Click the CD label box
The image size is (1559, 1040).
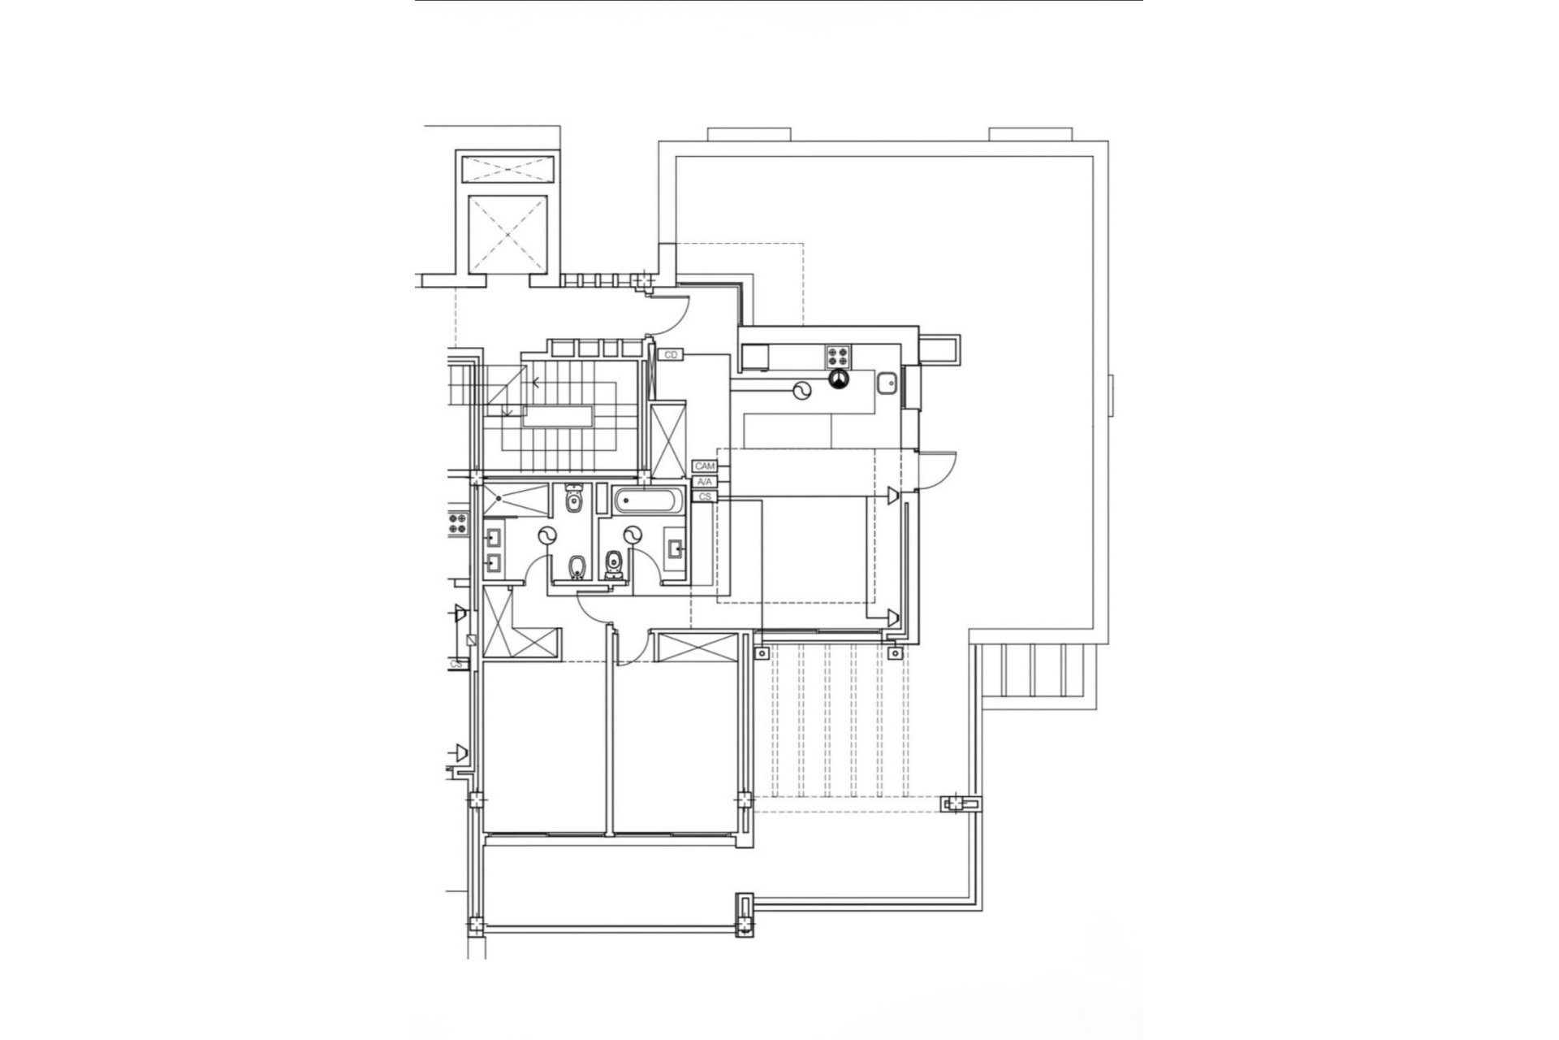click(672, 355)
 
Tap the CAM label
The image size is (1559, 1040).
click(704, 466)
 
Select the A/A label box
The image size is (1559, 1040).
click(703, 482)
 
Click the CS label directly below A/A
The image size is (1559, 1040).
click(705, 496)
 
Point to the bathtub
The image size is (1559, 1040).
click(649, 500)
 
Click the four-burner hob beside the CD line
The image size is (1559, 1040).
click(839, 356)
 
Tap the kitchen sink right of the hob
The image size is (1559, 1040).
click(887, 380)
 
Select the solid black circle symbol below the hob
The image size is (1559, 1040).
click(837, 378)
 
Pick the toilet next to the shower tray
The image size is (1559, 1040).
click(574, 499)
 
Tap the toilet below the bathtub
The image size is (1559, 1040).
click(614, 564)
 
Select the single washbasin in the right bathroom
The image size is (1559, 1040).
click(675, 549)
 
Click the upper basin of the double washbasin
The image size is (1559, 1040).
click(493, 536)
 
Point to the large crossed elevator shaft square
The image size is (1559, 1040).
click(507, 234)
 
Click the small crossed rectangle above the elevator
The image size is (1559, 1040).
click(507, 170)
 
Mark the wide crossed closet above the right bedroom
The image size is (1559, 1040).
click(697, 648)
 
